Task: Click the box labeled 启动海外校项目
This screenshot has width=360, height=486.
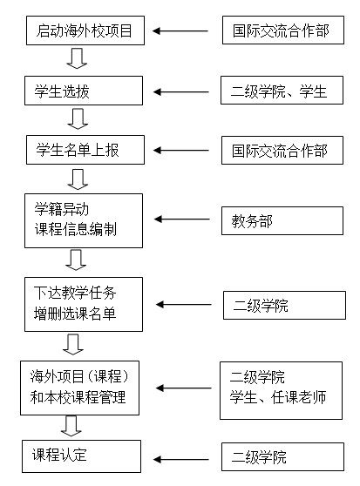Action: pyautogui.click(x=85, y=30)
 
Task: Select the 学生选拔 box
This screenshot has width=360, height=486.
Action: pyautogui.click(x=84, y=91)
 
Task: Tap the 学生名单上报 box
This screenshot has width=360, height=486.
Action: pyautogui.click(x=85, y=150)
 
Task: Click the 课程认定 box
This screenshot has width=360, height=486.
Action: pyautogui.click(x=81, y=456)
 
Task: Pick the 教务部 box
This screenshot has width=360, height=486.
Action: pyautogui.click(x=282, y=220)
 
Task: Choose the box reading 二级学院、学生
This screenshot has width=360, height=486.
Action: pyautogui.click(x=282, y=91)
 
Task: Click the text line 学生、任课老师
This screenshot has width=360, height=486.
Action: pyautogui.click(x=278, y=397)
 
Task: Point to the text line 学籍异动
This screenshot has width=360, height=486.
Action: pyautogui.click(x=61, y=209)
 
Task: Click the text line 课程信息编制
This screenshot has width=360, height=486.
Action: pyautogui.click(x=75, y=229)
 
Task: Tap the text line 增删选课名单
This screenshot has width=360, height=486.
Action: pyautogui.click(x=75, y=313)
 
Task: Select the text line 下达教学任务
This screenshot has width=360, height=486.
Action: pyautogui.click(x=75, y=293)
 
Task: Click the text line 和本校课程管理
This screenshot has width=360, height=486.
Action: pyautogui.click(x=78, y=397)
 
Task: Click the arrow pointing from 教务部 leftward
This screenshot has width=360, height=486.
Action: pyautogui.click(x=182, y=219)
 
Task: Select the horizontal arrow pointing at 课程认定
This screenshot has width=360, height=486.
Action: pyautogui.click(x=181, y=459)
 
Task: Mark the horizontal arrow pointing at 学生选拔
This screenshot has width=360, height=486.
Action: pyautogui.click(x=181, y=91)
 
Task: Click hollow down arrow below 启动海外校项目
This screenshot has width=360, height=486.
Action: pyautogui.click(x=77, y=58)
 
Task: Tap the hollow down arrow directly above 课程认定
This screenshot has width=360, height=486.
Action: pyautogui.click(x=71, y=426)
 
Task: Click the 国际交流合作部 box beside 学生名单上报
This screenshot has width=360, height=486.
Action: pyautogui.click(x=282, y=150)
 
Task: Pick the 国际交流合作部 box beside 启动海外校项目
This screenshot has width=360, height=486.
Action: pyautogui.click(x=283, y=30)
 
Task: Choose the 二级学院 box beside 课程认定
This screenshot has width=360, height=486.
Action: pyautogui.click(x=282, y=457)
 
